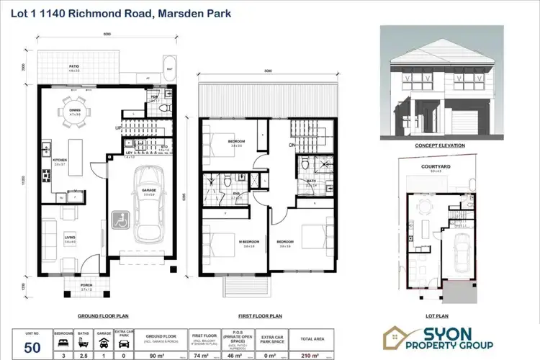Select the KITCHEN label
point(60,160)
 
